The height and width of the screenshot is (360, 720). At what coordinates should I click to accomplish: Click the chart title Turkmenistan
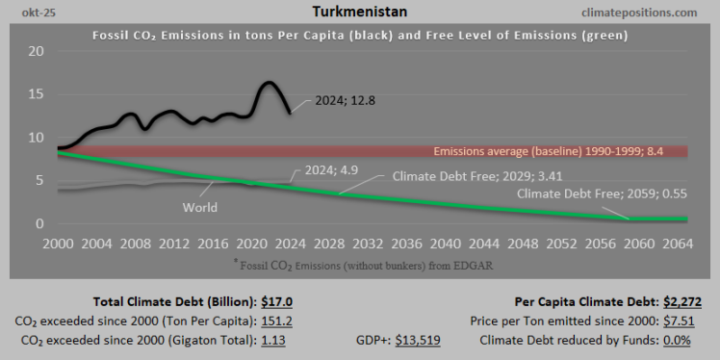click(360, 12)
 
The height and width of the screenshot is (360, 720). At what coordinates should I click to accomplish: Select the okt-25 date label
click(24, 12)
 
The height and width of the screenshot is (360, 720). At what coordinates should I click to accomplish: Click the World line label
click(199, 207)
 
